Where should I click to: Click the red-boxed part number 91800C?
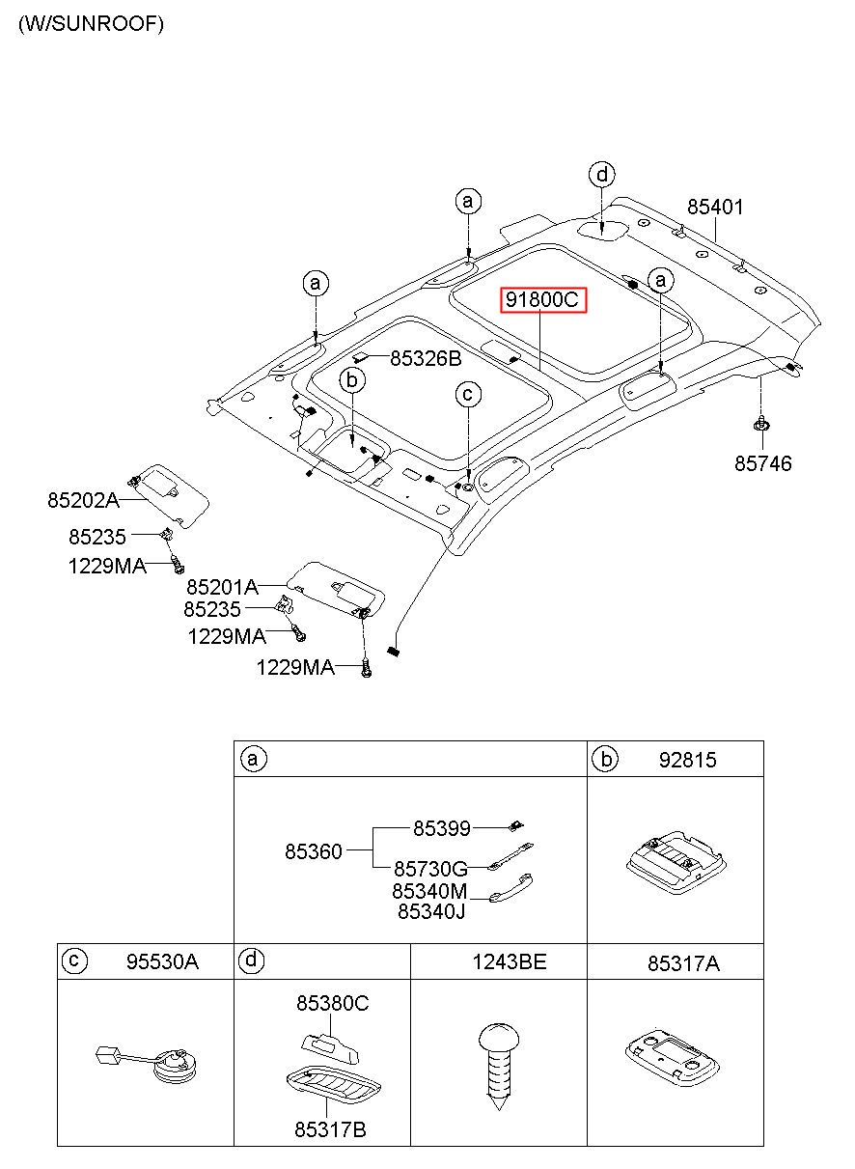[542, 299]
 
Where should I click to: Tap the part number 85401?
[715, 208]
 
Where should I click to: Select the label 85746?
[762, 463]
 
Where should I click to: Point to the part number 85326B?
[426, 358]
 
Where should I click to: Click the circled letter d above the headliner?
[602, 175]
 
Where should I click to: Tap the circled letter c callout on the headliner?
[468, 394]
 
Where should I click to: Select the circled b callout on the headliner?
[352, 380]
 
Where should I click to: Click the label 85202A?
[83, 500]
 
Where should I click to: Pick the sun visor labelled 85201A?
[338, 589]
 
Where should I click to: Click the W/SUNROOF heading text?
[91, 24]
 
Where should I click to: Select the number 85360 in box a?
[313, 851]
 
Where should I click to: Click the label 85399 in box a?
[441, 828]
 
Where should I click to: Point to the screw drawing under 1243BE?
[499, 1067]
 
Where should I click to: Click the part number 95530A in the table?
[162, 961]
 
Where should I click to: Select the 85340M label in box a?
[429, 891]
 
